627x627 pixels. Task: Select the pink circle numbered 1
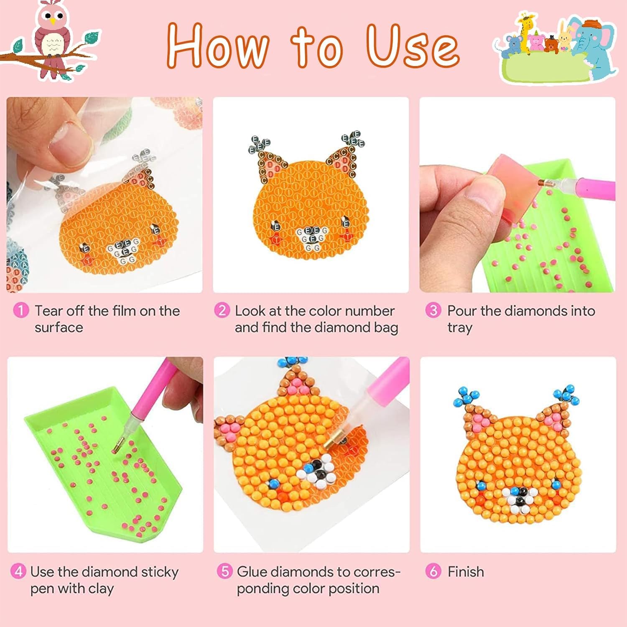tap(21, 311)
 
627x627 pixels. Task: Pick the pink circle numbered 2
tap(222, 311)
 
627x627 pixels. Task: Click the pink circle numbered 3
tap(433, 311)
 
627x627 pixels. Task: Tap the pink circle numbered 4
tap(18, 571)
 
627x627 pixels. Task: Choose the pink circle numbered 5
tap(225, 571)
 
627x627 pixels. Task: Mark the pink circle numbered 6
tap(433, 571)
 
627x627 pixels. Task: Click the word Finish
tap(466, 571)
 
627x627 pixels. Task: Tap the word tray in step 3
tap(459, 328)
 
